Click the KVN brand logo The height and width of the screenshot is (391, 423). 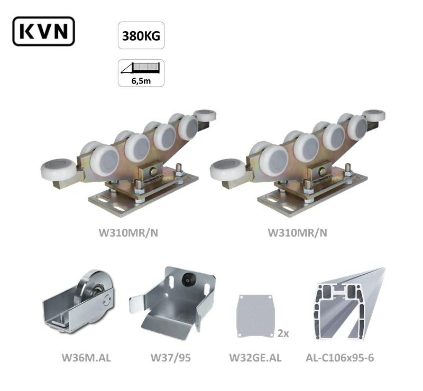[43, 31]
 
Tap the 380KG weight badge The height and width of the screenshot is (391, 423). [141, 35]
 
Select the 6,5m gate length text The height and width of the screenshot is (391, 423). [141, 81]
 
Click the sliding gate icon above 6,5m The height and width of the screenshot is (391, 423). [140, 68]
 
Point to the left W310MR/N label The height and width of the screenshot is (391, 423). [128, 232]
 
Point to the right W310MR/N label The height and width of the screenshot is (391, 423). [297, 232]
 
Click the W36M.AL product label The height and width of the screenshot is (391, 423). [86, 358]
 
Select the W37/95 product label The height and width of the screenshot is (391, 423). [170, 358]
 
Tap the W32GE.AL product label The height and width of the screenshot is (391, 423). [255, 358]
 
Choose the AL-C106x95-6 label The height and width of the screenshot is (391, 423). [339, 358]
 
